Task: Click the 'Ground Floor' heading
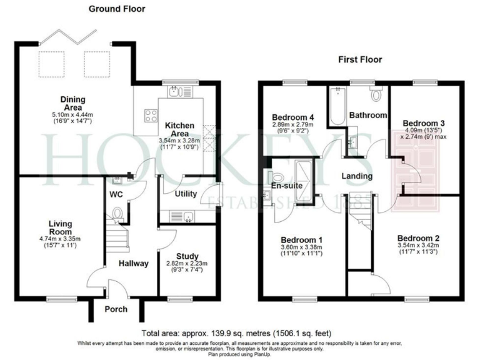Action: coord(116,9)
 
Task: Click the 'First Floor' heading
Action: coord(360,60)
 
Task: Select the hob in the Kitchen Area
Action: coord(151,115)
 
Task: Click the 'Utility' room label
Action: coord(186,194)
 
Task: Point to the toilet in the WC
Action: coord(117,214)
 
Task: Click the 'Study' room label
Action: coord(187,255)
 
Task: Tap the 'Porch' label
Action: coord(116,309)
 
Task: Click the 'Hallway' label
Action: coord(134,263)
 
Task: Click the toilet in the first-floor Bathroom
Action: coord(375,95)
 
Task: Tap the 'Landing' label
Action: coord(357,176)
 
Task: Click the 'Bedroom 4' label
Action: coord(292,117)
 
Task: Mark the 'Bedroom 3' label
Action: coord(424,122)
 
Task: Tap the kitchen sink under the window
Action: coord(176,92)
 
